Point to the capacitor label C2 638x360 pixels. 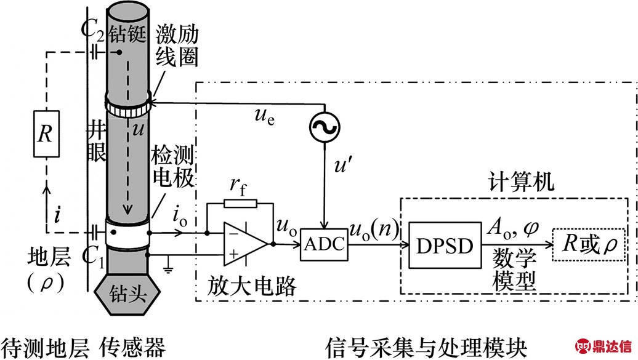pos(94,30)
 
